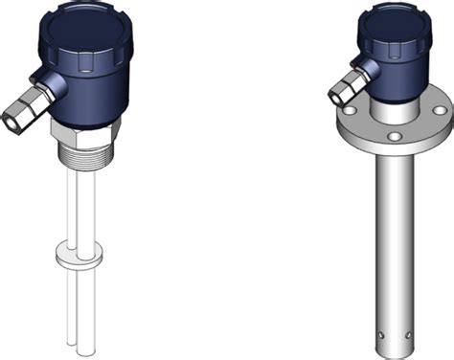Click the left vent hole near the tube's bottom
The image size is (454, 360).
click(380, 336)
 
